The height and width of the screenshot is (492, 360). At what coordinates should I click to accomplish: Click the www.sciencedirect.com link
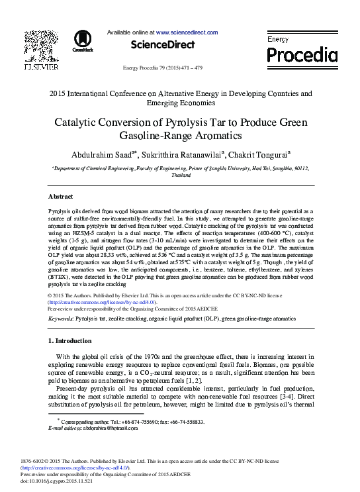pos(187,32)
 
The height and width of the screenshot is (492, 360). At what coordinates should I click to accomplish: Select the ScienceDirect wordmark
pos(163,45)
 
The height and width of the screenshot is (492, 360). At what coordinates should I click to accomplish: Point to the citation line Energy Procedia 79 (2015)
pos(163,68)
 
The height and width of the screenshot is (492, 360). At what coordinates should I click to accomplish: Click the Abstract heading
pos(61,197)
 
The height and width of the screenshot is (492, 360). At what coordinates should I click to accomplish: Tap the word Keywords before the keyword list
pos(61,319)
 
